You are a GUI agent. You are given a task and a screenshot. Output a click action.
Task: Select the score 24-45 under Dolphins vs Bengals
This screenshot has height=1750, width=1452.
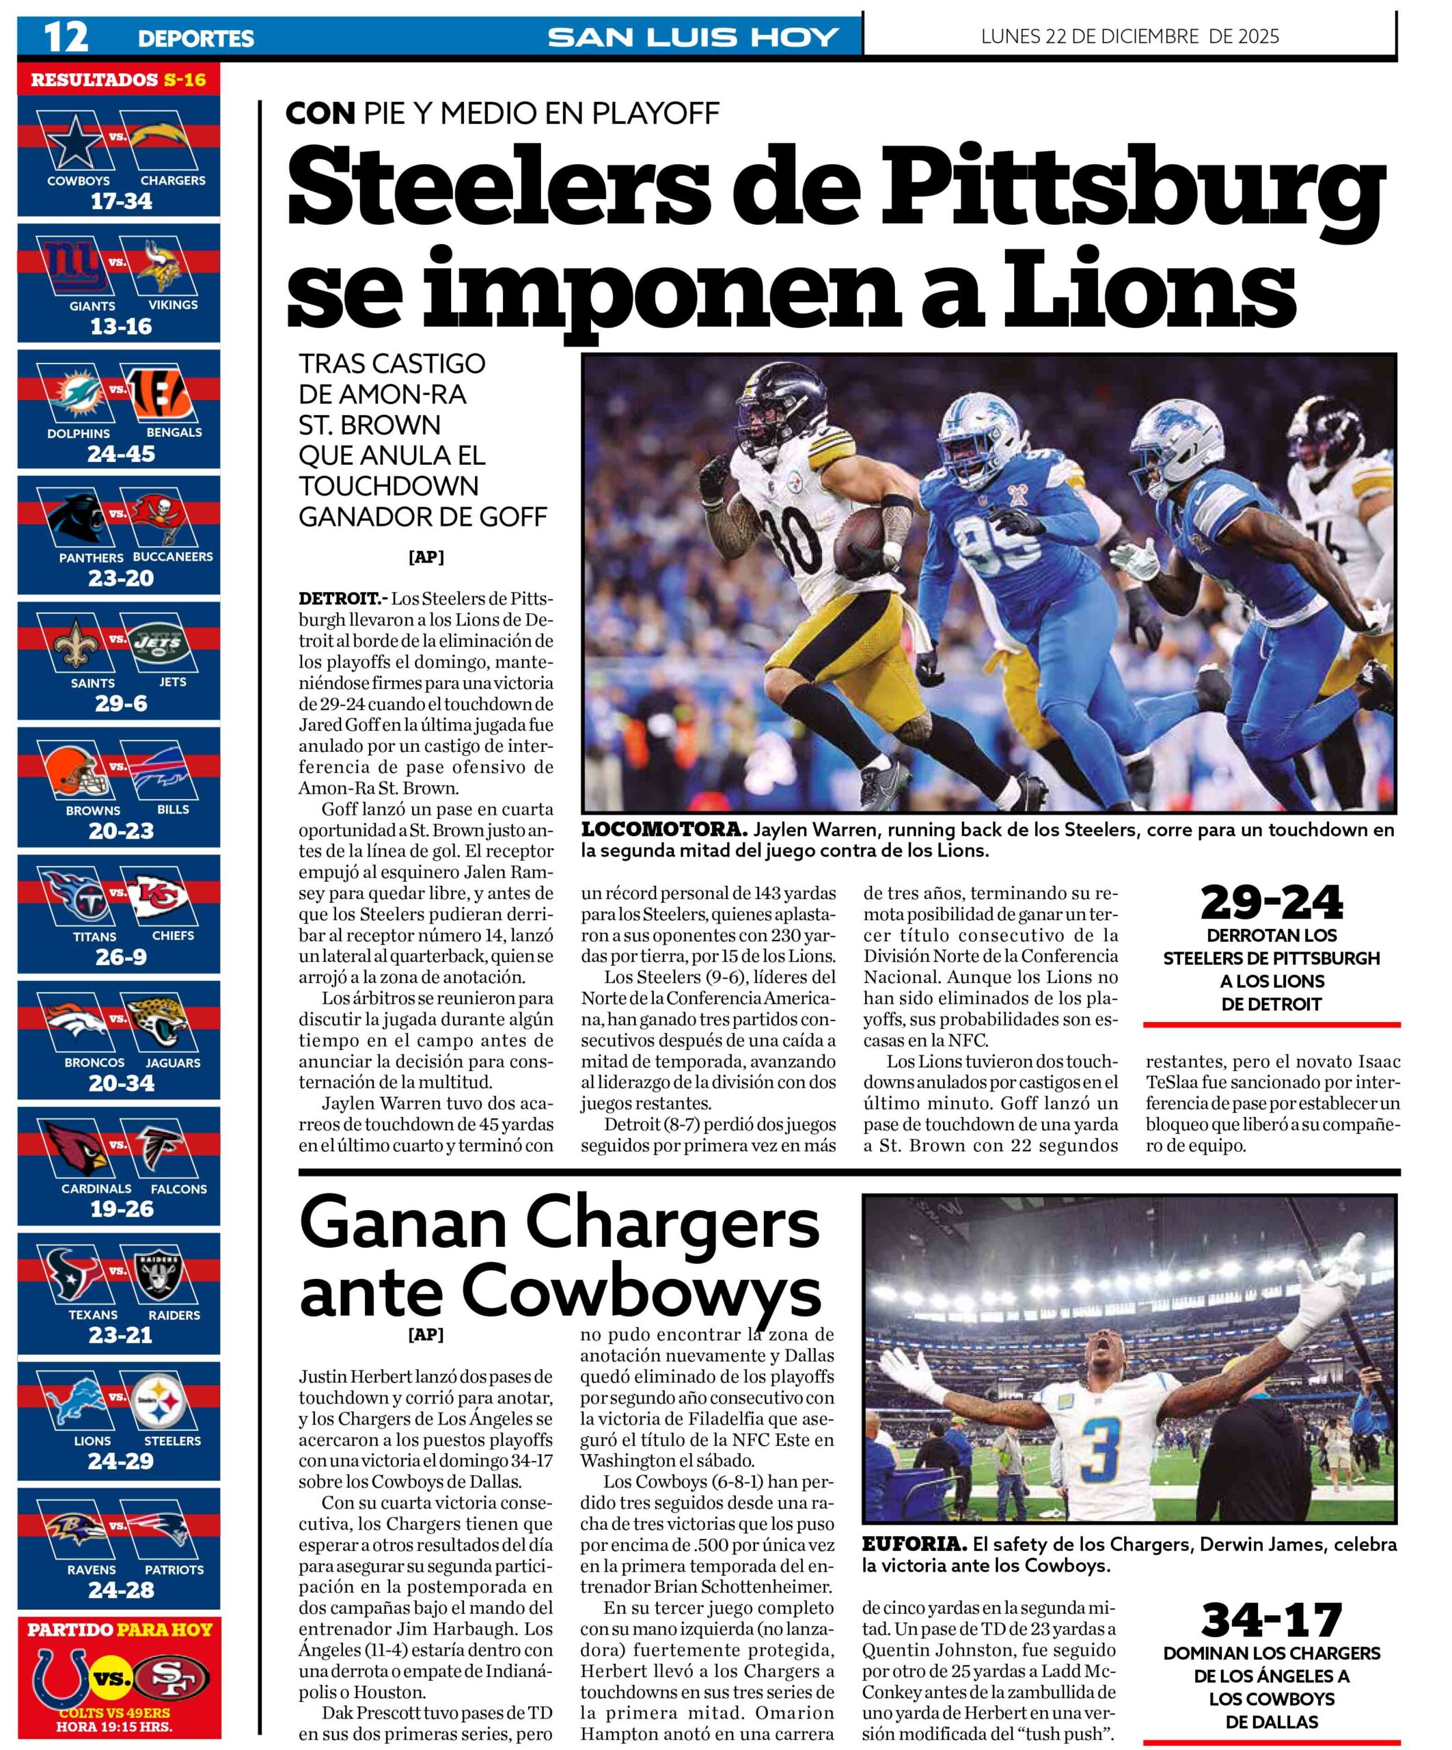click(x=121, y=454)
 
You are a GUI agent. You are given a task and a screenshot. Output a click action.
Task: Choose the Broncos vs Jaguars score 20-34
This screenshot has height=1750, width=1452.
click(x=122, y=1083)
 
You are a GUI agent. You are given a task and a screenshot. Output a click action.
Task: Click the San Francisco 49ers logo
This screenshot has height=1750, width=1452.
click(x=170, y=1678)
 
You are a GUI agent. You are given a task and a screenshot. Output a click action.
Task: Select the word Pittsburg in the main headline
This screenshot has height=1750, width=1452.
click(x=1133, y=191)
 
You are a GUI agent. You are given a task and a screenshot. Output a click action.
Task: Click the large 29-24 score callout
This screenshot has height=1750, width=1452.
click(x=1271, y=902)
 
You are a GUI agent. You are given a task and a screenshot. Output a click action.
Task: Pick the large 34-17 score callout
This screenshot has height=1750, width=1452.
click(x=1271, y=1620)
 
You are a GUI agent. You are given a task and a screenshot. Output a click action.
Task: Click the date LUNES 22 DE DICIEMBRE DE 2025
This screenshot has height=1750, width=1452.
click(x=1129, y=37)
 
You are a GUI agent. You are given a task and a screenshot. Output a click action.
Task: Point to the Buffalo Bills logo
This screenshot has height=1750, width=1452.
click(x=163, y=772)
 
